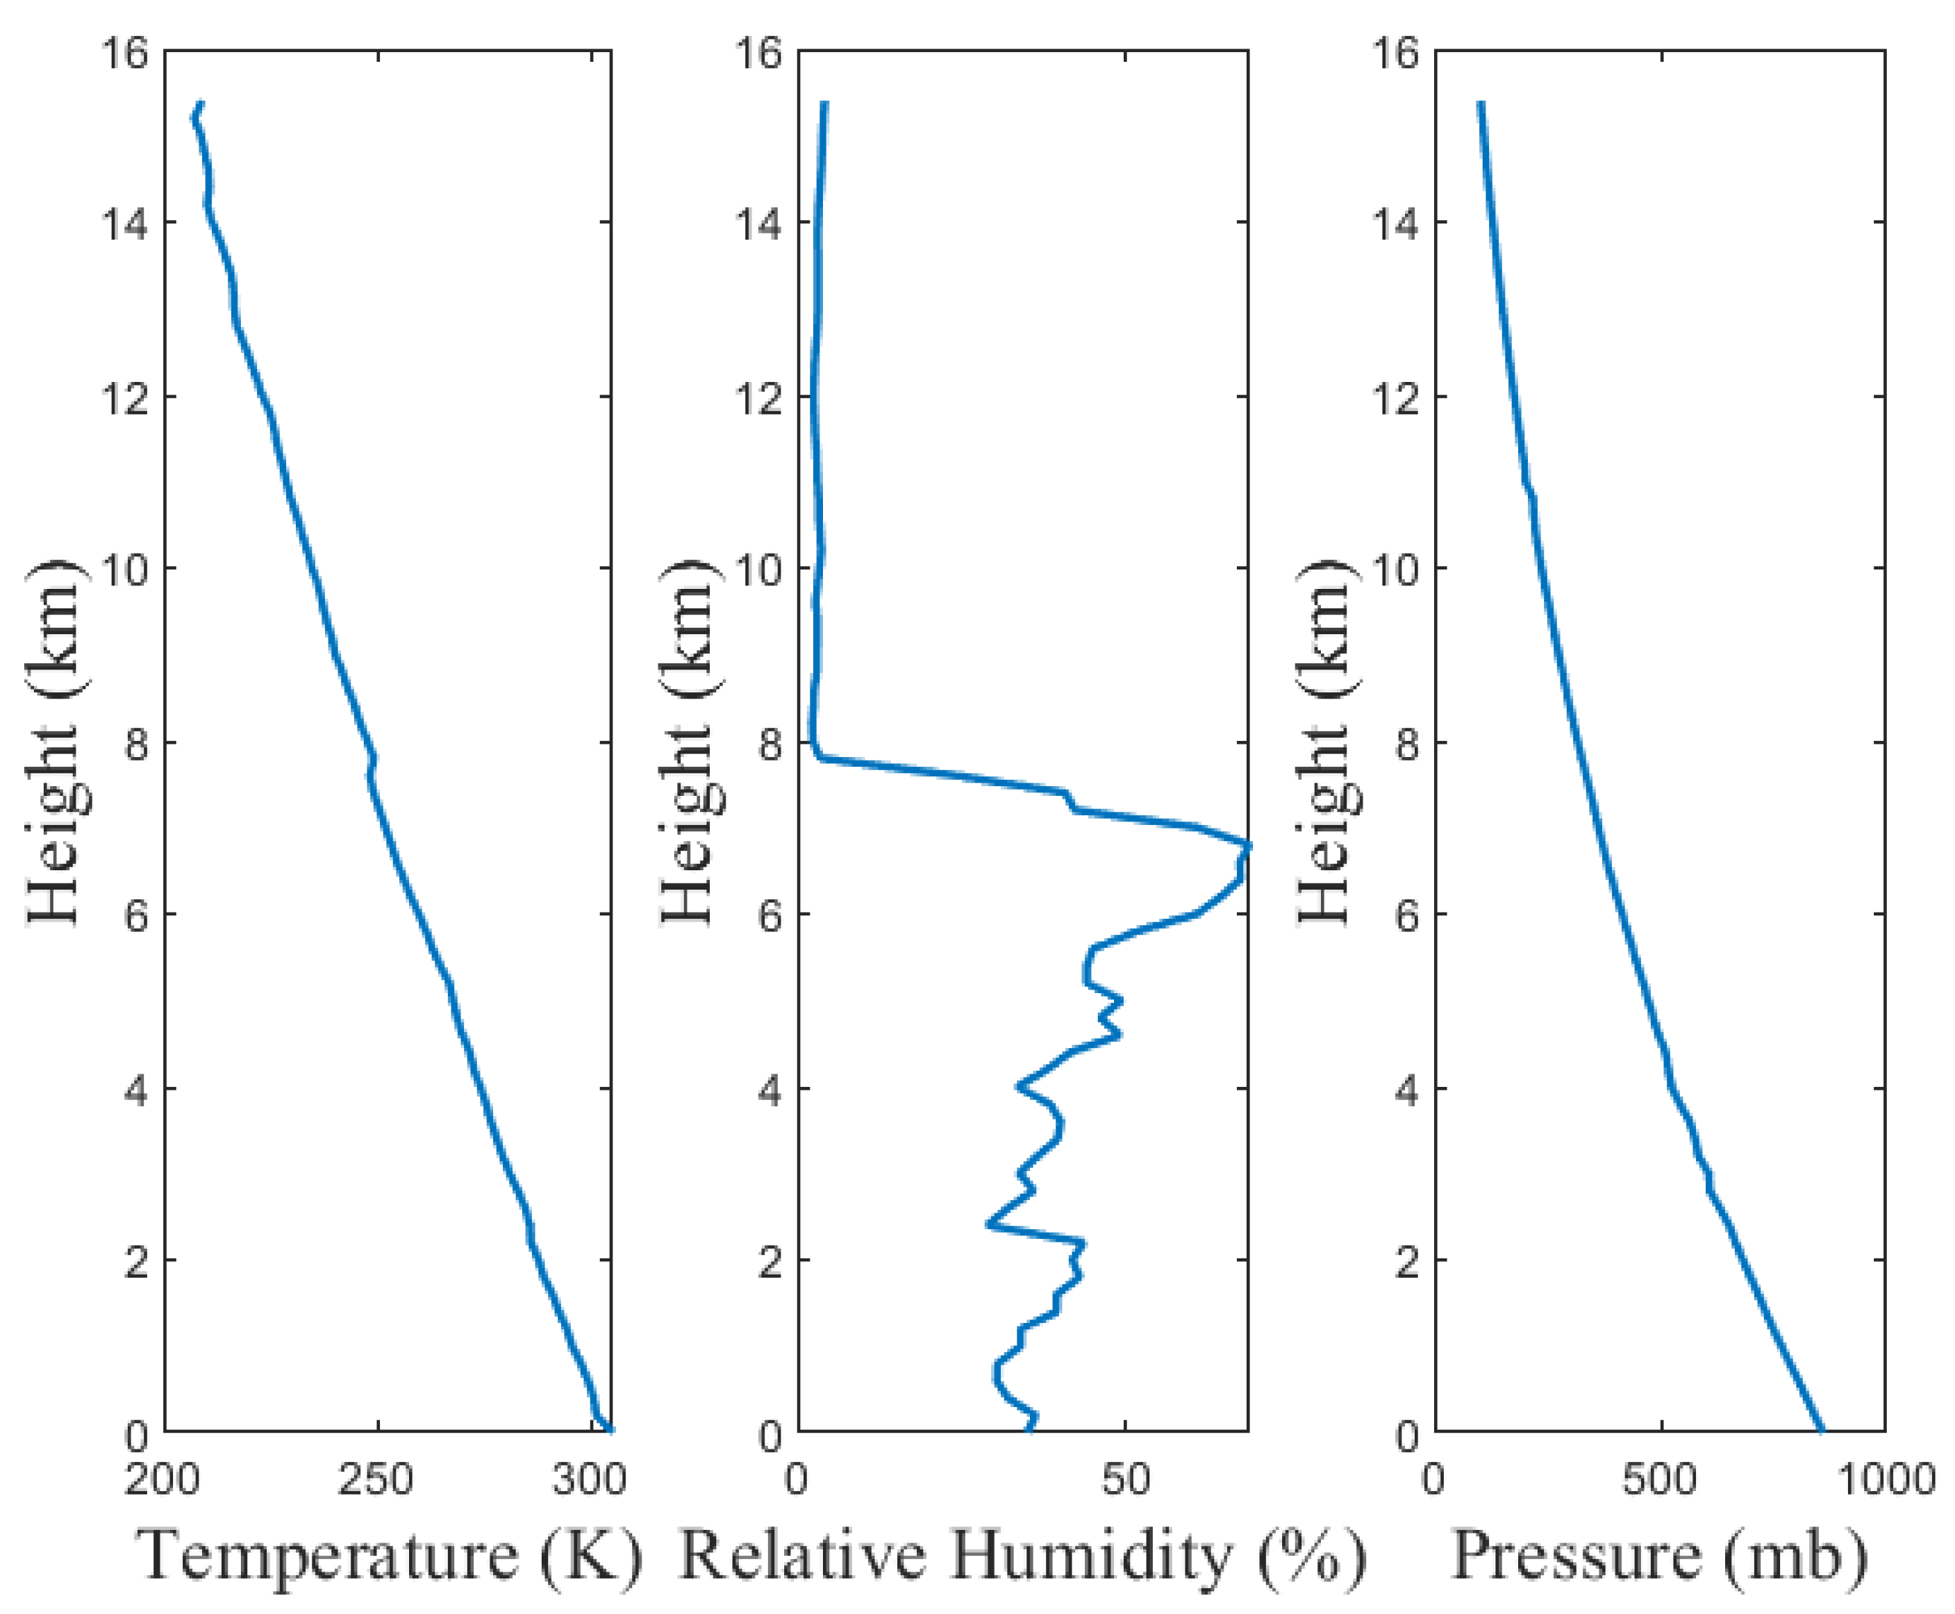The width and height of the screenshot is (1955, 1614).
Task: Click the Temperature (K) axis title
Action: pos(389,1554)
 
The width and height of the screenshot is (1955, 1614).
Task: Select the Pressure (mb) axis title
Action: pos(1659,1554)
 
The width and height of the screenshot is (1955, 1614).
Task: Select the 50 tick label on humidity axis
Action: pos(1125,1479)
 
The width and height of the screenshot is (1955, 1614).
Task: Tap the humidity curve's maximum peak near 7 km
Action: pos(1247,845)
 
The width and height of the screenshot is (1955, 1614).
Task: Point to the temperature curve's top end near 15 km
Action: pos(199,104)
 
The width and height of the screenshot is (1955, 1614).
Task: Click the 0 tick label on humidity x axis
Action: pos(797,1479)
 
